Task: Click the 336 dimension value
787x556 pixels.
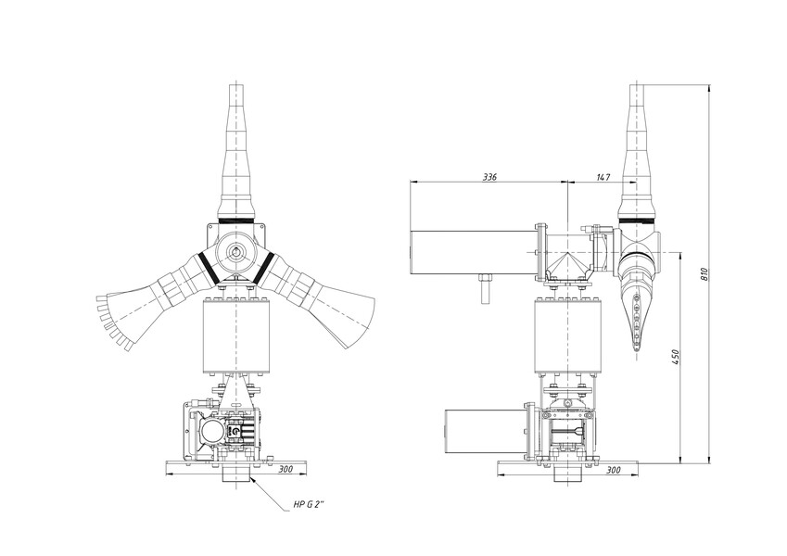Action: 489,177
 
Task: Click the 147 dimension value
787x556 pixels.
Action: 603,177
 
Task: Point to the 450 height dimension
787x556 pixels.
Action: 675,357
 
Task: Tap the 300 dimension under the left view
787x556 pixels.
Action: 286,469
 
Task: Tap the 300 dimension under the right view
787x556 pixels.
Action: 614,470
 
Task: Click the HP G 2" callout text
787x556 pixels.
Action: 309,505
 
